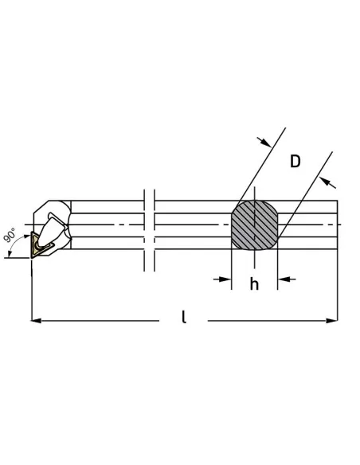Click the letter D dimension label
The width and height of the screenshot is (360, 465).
point(295,162)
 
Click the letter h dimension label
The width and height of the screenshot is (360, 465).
point(254,284)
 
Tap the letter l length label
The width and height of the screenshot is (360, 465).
point(184,317)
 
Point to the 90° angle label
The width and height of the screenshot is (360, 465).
point(10,235)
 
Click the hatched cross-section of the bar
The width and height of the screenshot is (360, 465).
point(254,225)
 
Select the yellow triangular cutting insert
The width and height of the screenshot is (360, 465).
point(39,245)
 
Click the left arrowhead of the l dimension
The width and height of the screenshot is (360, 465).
point(36,321)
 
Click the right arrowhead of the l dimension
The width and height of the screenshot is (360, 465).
point(332,321)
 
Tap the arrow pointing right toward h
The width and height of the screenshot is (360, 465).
point(222,279)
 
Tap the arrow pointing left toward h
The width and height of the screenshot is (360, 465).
point(287,279)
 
